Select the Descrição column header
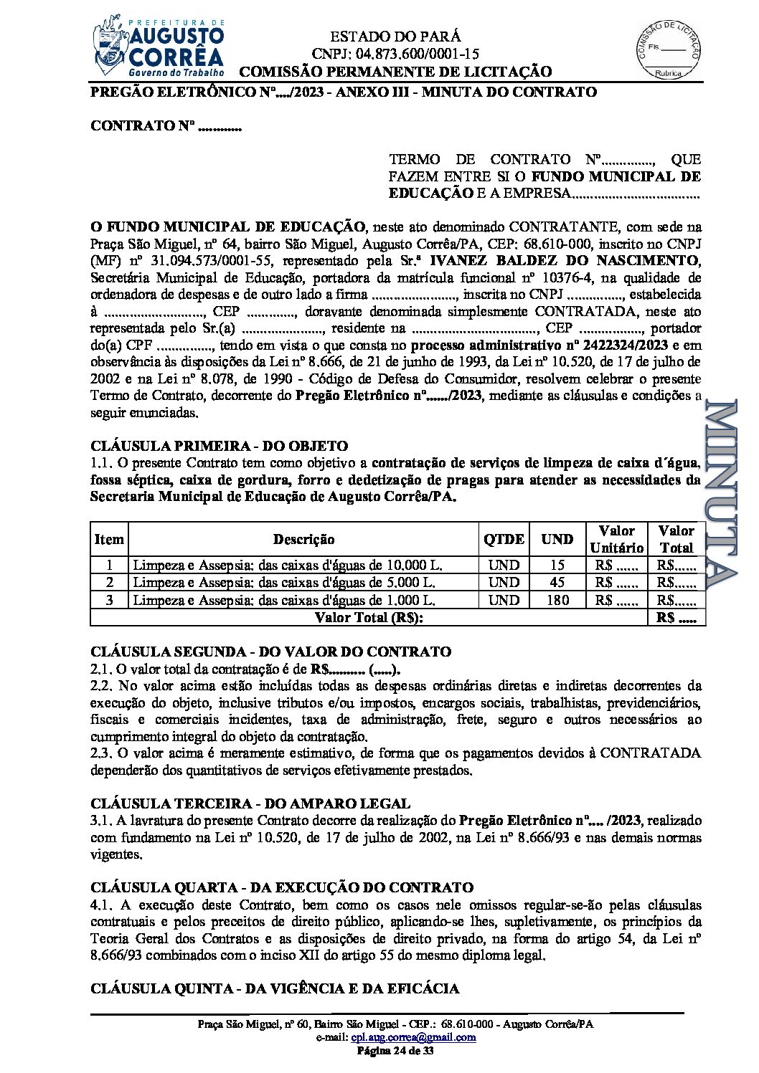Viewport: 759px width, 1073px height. click(x=303, y=539)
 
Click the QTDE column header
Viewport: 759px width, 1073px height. click(x=504, y=539)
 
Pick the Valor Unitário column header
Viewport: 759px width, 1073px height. click(x=616, y=539)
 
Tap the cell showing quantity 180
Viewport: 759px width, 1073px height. click(x=557, y=600)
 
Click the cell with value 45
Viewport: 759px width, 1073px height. click(x=557, y=582)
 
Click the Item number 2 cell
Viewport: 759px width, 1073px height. click(x=109, y=582)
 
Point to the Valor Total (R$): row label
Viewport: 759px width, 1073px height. click(x=369, y=617)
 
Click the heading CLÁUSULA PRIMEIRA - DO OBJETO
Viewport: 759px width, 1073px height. click(x=219, y=446)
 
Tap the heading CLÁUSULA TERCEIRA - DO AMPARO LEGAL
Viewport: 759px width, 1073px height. click(x=250, y=803)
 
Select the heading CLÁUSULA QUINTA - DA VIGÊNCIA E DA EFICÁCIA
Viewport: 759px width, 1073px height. click(x=275, y=988)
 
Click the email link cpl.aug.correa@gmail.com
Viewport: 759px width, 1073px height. click(x=414, y=1037)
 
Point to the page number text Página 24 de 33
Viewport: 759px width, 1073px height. click(x=396, y=1051)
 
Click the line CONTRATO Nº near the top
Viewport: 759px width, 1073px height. click(x=166, y=126)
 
